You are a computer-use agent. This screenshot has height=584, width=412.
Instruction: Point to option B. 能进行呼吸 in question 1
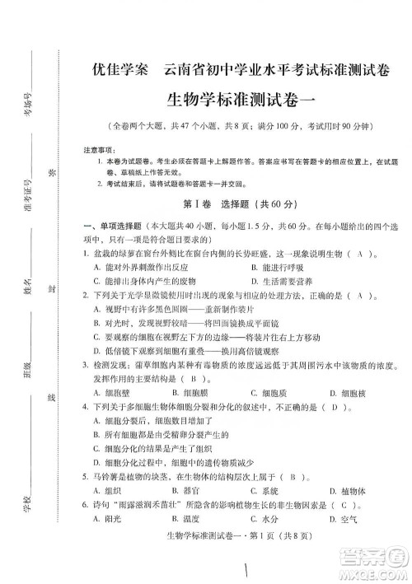pos(282,268)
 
